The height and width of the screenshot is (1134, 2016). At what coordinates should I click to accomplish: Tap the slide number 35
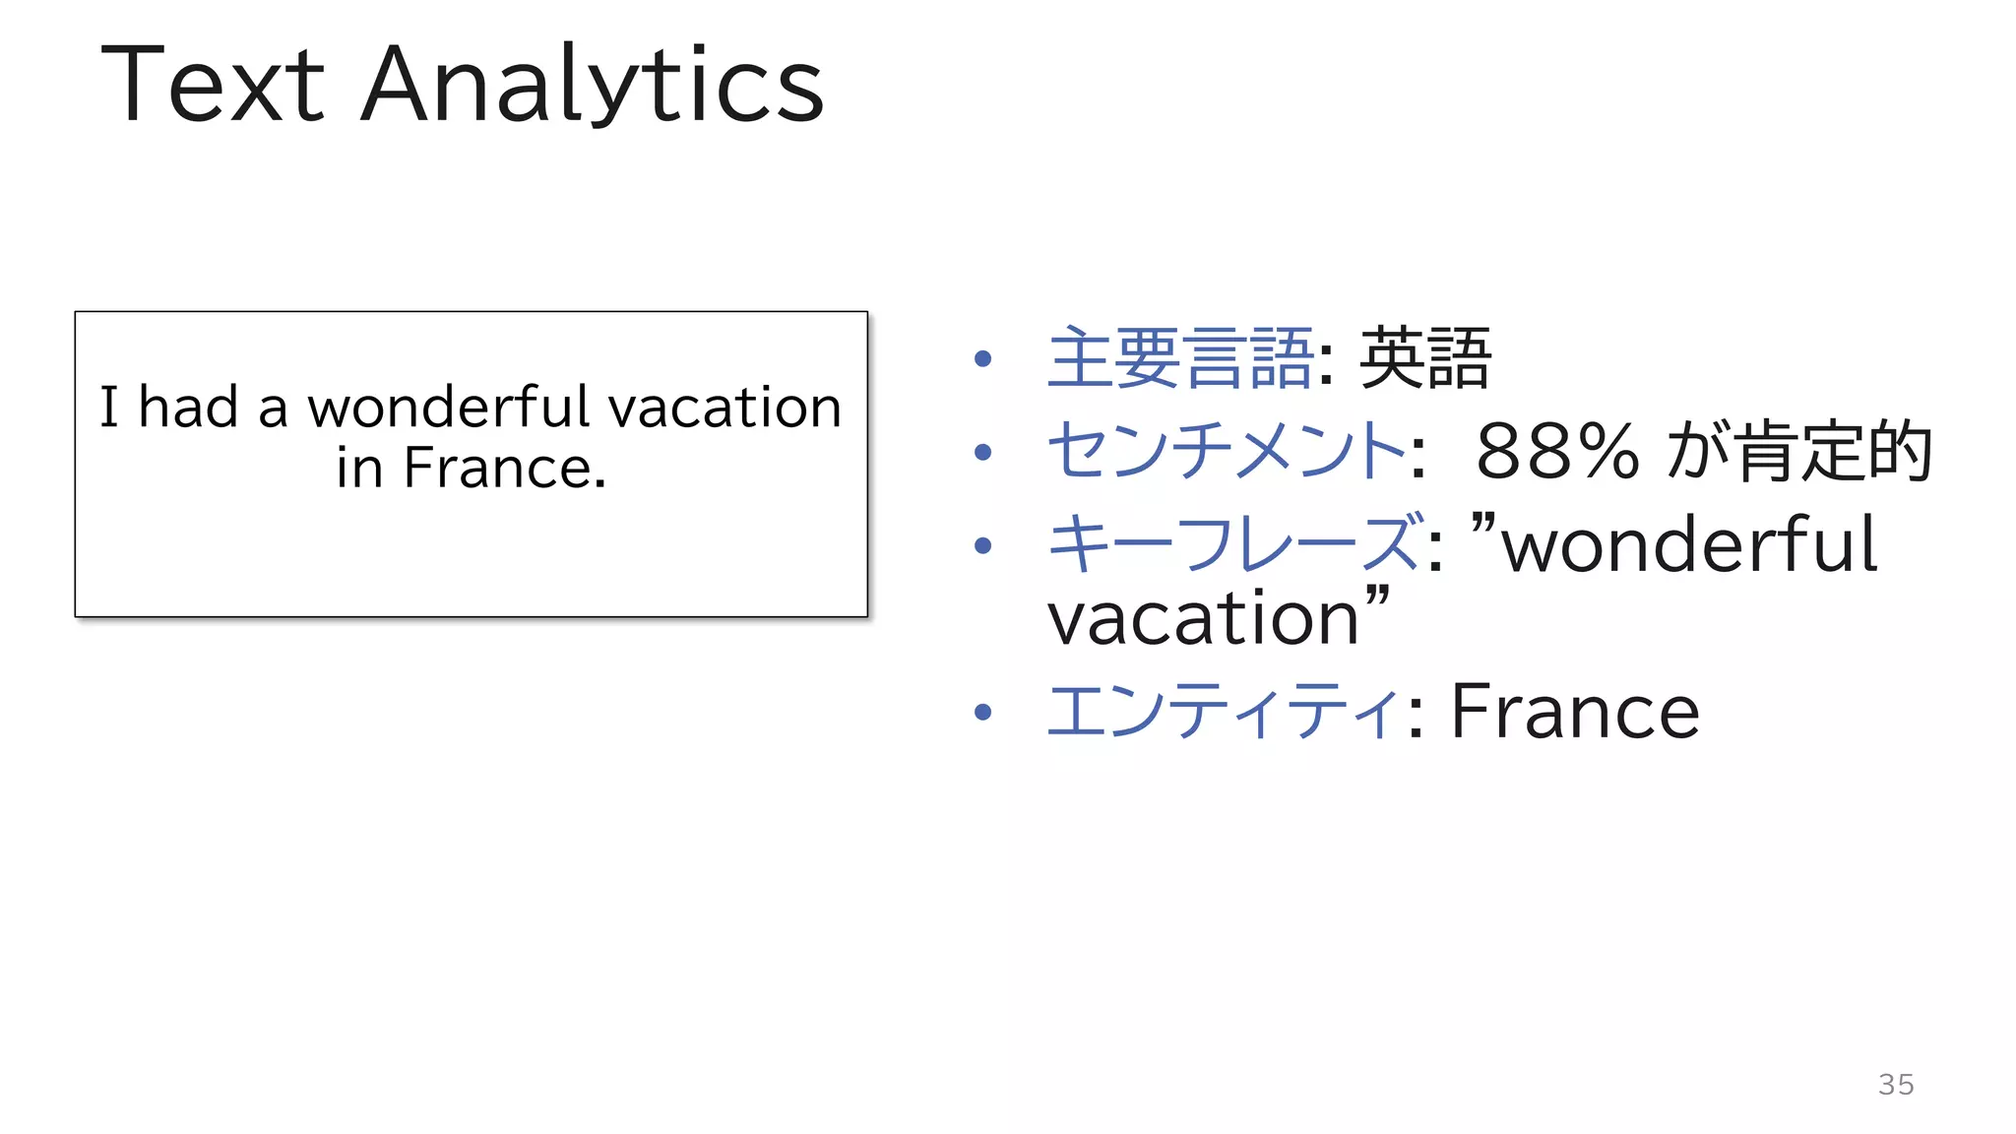(1896, 1084)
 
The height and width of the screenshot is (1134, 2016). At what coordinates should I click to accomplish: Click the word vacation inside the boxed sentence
(724, 409)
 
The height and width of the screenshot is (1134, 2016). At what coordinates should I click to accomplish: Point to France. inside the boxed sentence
(505, 468)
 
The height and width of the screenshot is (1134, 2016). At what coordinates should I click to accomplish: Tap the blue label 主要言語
(1180, 358)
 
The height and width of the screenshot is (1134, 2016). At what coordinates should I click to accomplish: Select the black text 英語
(1424, 358)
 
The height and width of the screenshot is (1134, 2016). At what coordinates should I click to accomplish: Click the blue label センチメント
(1226, 451)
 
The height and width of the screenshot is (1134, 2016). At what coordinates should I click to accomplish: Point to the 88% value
(1556, 452)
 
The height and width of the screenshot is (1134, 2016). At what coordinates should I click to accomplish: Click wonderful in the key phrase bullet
(1689, 544)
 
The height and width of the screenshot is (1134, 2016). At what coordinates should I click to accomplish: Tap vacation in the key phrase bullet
(1203, 619)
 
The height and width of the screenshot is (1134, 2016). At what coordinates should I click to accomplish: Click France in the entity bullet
(1575, 712)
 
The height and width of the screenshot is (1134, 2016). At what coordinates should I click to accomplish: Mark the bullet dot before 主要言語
(982, 359)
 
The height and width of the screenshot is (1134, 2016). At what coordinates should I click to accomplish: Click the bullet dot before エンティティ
(982, 712)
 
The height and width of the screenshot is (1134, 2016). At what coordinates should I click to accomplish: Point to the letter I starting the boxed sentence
(109, 407)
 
